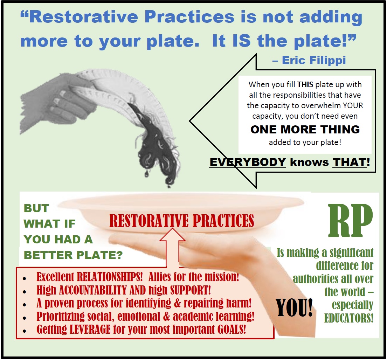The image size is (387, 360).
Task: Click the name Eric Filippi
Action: [x=314, y=61]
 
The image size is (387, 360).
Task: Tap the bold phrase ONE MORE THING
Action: [x=305, y=130]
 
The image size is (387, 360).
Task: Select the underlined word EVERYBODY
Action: [x=248, y=162]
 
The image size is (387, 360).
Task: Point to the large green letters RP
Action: [x=351, y=220]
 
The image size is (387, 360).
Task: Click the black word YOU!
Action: [x=294, y=307]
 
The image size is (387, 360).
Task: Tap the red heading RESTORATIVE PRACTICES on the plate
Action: [x=182, y=221]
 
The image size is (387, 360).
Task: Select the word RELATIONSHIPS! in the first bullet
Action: [x=110, y=277]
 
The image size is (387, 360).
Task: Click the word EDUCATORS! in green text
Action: [x=349, y=318]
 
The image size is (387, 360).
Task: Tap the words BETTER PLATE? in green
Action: [x=73, y=255]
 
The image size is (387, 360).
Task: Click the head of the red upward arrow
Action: [x=172, y=234]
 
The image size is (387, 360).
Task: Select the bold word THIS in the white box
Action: [x=305, y=85]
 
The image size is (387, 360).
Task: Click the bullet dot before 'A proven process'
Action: [x=24, y=305]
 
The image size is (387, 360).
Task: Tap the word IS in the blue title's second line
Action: [x=242, y=41]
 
